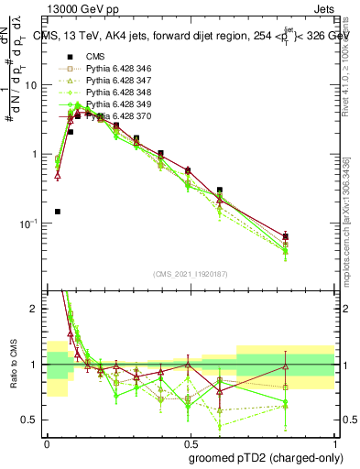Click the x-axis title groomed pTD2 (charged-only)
pos(267,456)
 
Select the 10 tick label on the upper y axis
pos(33,85)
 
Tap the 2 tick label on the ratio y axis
pos(37,310)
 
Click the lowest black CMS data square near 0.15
pos(57,212)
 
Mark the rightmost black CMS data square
pos(286,236)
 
